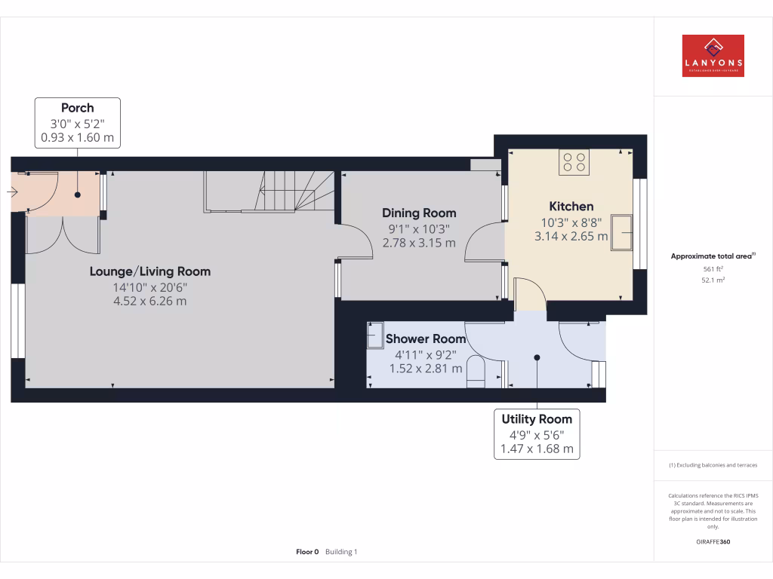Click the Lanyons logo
[713, 56]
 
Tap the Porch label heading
[78, 108]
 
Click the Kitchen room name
[571, 206]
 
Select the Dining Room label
[419, 213]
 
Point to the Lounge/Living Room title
[150, 271]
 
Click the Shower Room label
[426, 339]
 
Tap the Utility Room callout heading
[537, 419]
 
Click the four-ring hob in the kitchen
[574, 162]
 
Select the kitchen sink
[624, 231]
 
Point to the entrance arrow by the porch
[12, 192]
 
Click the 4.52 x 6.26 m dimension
[150, 301]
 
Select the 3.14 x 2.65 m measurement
[571, 236]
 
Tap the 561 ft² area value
[713, 268]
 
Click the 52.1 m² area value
[713, 280]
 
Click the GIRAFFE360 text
[713, 542]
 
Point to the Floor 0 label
[307, 552]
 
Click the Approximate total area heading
[712, 256]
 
